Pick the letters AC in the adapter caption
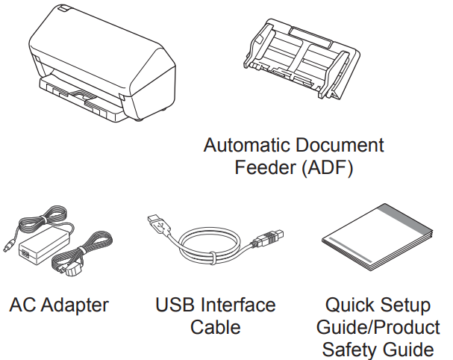click(23, 305)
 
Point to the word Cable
click(215, 327)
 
